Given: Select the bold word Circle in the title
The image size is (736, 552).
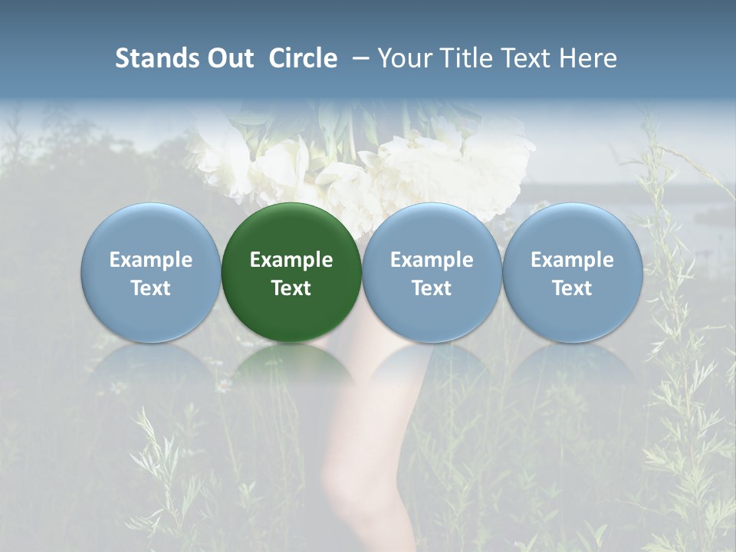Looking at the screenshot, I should coord(303,58).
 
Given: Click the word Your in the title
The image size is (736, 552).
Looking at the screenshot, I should coord(403,58).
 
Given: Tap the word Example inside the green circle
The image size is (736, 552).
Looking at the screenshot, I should coord(291,260).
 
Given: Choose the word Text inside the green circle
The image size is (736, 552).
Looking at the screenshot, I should coord(291,288).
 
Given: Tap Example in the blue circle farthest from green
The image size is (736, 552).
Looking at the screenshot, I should coord(572,260).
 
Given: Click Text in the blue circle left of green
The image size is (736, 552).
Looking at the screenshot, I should coord(150,288).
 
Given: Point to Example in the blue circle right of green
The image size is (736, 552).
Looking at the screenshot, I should coord(432,260).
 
